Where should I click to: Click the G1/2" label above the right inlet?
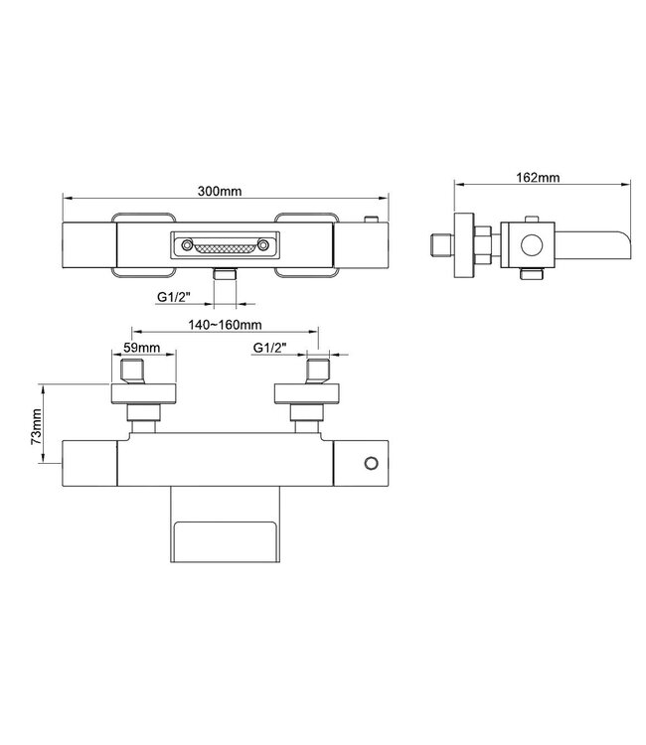point(271,348)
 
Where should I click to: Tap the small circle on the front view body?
point(372,462)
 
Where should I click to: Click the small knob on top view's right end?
point(371,220)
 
